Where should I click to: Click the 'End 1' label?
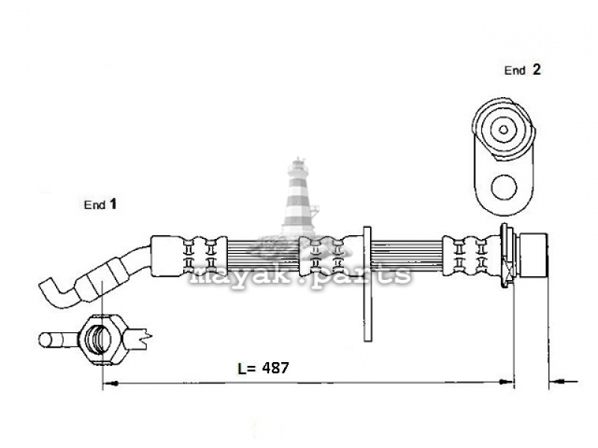[100, 204]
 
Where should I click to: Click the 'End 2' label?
[522, 70]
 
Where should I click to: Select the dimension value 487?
[275, 367]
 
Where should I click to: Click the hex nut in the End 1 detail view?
[103, 339]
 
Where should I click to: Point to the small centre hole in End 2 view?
[503, 129]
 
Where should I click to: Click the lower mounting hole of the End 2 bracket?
[504, 187]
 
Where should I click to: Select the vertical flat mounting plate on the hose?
[367, 284]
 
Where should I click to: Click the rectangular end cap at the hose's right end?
[534, 255]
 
